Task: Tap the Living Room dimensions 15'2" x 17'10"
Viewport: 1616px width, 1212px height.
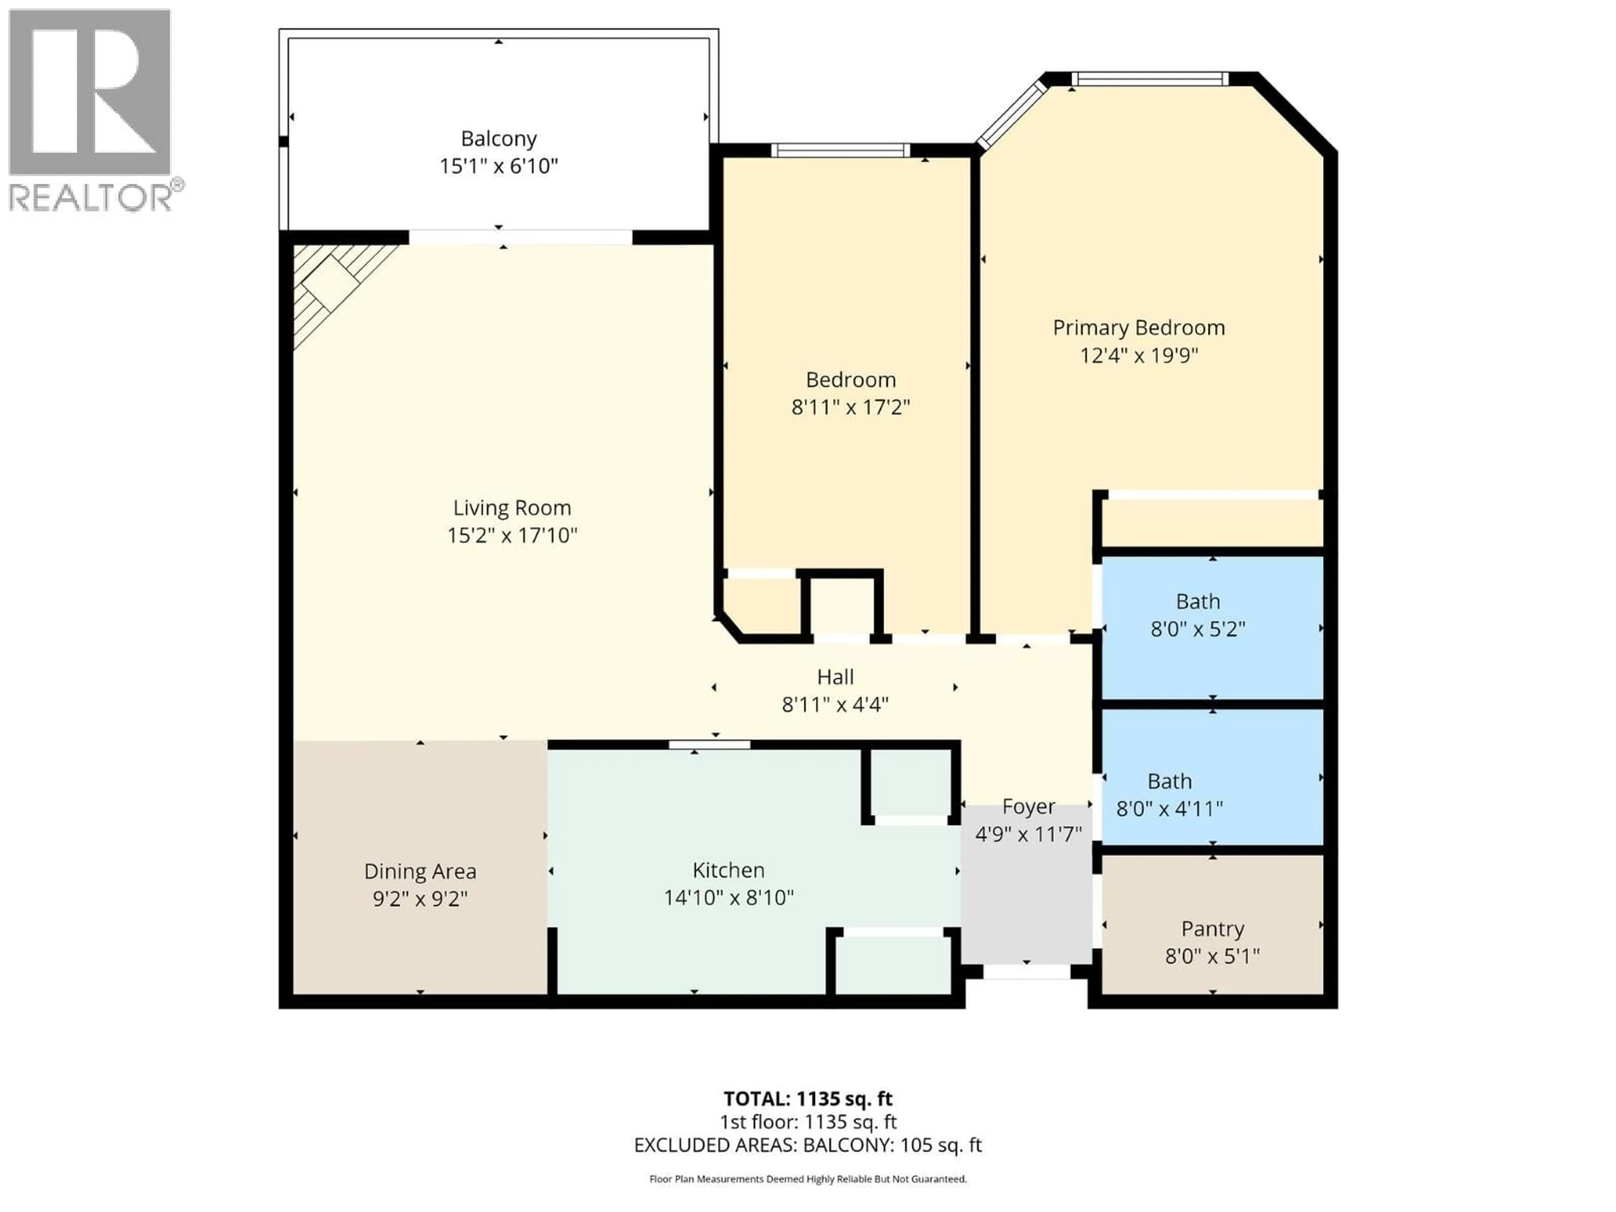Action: pos(512,535)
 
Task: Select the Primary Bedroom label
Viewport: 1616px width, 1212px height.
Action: pos(1138,327)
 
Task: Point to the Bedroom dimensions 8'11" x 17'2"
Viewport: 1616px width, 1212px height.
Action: pos(851,407)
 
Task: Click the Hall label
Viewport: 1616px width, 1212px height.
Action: pos(835,677)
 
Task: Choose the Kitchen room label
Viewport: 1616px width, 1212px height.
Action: pos(728,870)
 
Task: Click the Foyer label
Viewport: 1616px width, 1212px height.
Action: pos(1029,807)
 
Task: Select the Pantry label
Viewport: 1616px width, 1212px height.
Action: pos(1213,928)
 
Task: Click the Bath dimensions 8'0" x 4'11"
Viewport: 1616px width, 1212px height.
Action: pos(1169,809)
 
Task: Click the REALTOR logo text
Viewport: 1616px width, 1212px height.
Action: pos(91,197)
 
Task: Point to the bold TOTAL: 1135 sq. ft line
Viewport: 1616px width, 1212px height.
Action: pos(808,1099)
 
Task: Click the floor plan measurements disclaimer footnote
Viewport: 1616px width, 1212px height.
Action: pos(808,1179)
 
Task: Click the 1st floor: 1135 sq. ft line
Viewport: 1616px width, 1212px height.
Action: pos(808,1122)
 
